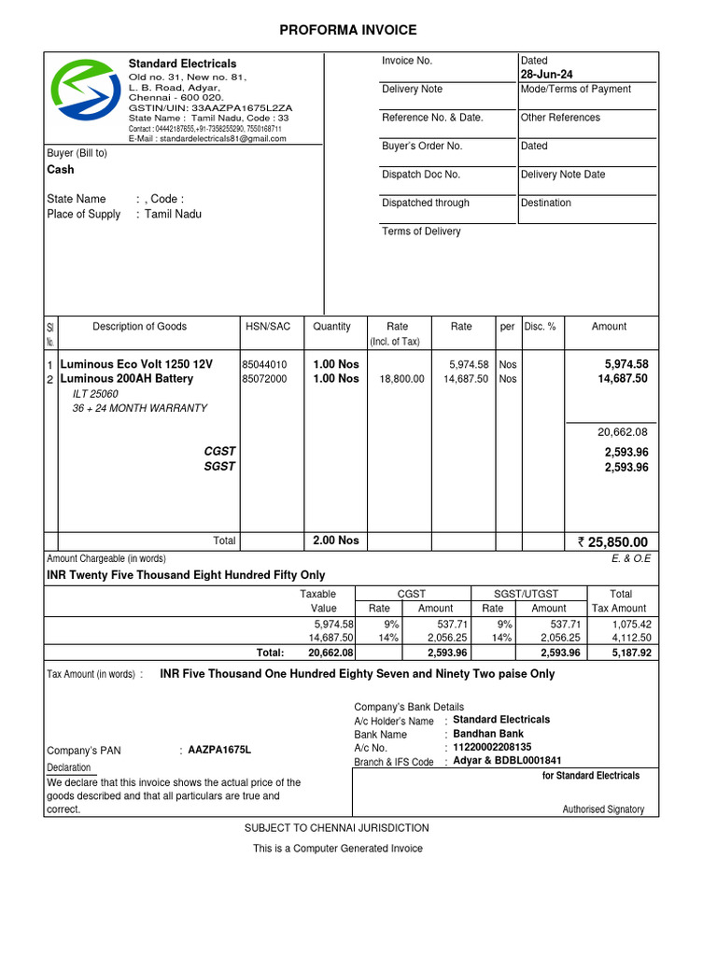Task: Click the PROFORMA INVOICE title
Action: pyautogui.click(x=348, y=31)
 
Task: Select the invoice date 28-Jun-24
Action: pyautogui.click(x=546, y=75)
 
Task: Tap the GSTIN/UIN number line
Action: pyautogui.click(x=210, y=108)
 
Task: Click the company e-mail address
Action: pyautogui.click(x=207, y=138)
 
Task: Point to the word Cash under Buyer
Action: pyautogui.click(x=61, y=170)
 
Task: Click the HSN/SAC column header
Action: pyautogui.click(x=268, y=327)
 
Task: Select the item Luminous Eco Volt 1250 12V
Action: pyautogui.click(x=136, y=364)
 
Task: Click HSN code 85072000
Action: pyautogui.click(x=264, y=379)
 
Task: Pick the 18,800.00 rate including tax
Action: pyautogui.click(x=401, y=379)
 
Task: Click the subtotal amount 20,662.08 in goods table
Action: pyautogui.click(x=622, y=432)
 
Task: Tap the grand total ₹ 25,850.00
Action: pyautogui.click(x=612, y=542)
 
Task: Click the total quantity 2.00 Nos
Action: pyautogui.click(x=335, y=541)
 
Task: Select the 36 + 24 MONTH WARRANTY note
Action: pyautogui.click(x=140, y=408)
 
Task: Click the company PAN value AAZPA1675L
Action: pyautogui.click(x=219, y=751)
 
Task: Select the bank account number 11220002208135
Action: pyautogui.click(x=492, y=747)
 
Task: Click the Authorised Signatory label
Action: pyautogui.click(x=603, y=809)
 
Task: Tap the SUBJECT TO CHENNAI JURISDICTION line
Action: pyautogui.click(x=337, y=828)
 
